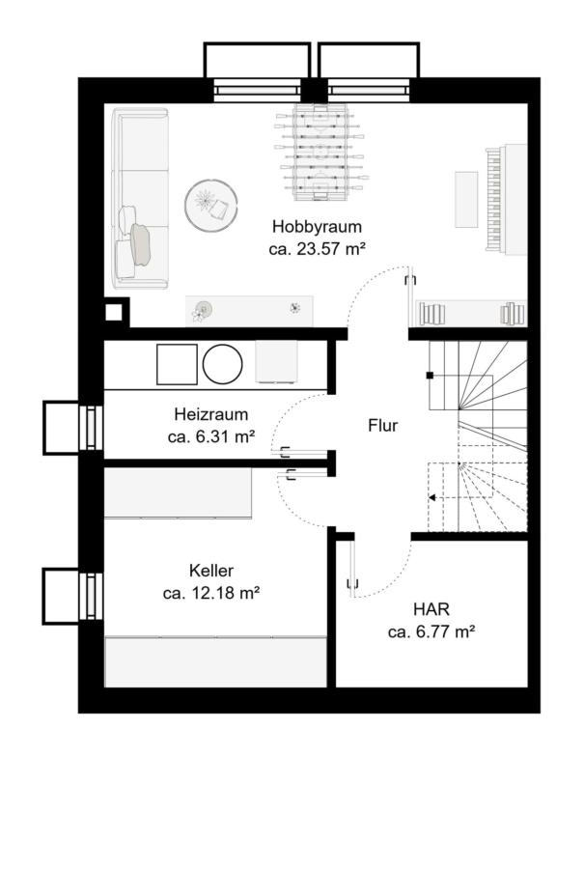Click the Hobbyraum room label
(317, 227)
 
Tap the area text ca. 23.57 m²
(317, 249)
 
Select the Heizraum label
(211, 414)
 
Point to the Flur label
(383, 425)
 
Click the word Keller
(211, 571)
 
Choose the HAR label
(431, 609)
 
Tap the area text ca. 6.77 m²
(431, 631)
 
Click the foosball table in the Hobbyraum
(320, 152)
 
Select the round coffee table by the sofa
(211, 205)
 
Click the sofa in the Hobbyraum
(140, 198)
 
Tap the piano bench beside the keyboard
(466, 200)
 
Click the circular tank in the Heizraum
(223, 365)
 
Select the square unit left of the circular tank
(178, 365)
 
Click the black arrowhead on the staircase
(432, 497)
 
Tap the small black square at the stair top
(430, 376)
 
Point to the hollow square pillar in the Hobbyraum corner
(114, 313)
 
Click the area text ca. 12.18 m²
(211, 593)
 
